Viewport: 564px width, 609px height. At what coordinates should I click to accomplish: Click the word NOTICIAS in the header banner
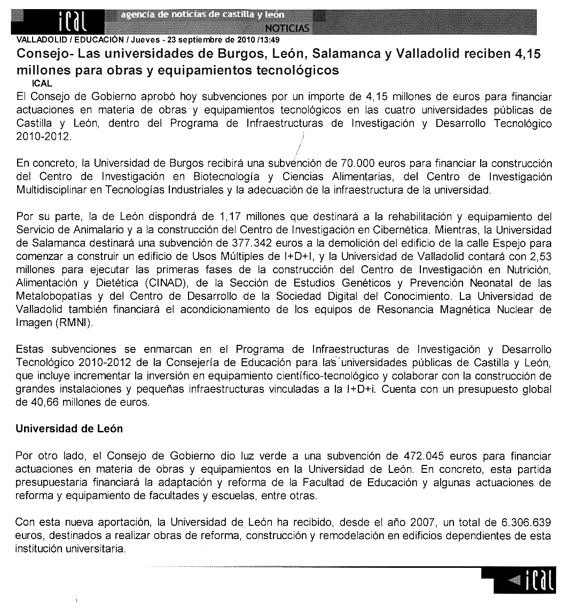287,27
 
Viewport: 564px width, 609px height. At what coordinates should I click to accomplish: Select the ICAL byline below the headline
42,84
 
